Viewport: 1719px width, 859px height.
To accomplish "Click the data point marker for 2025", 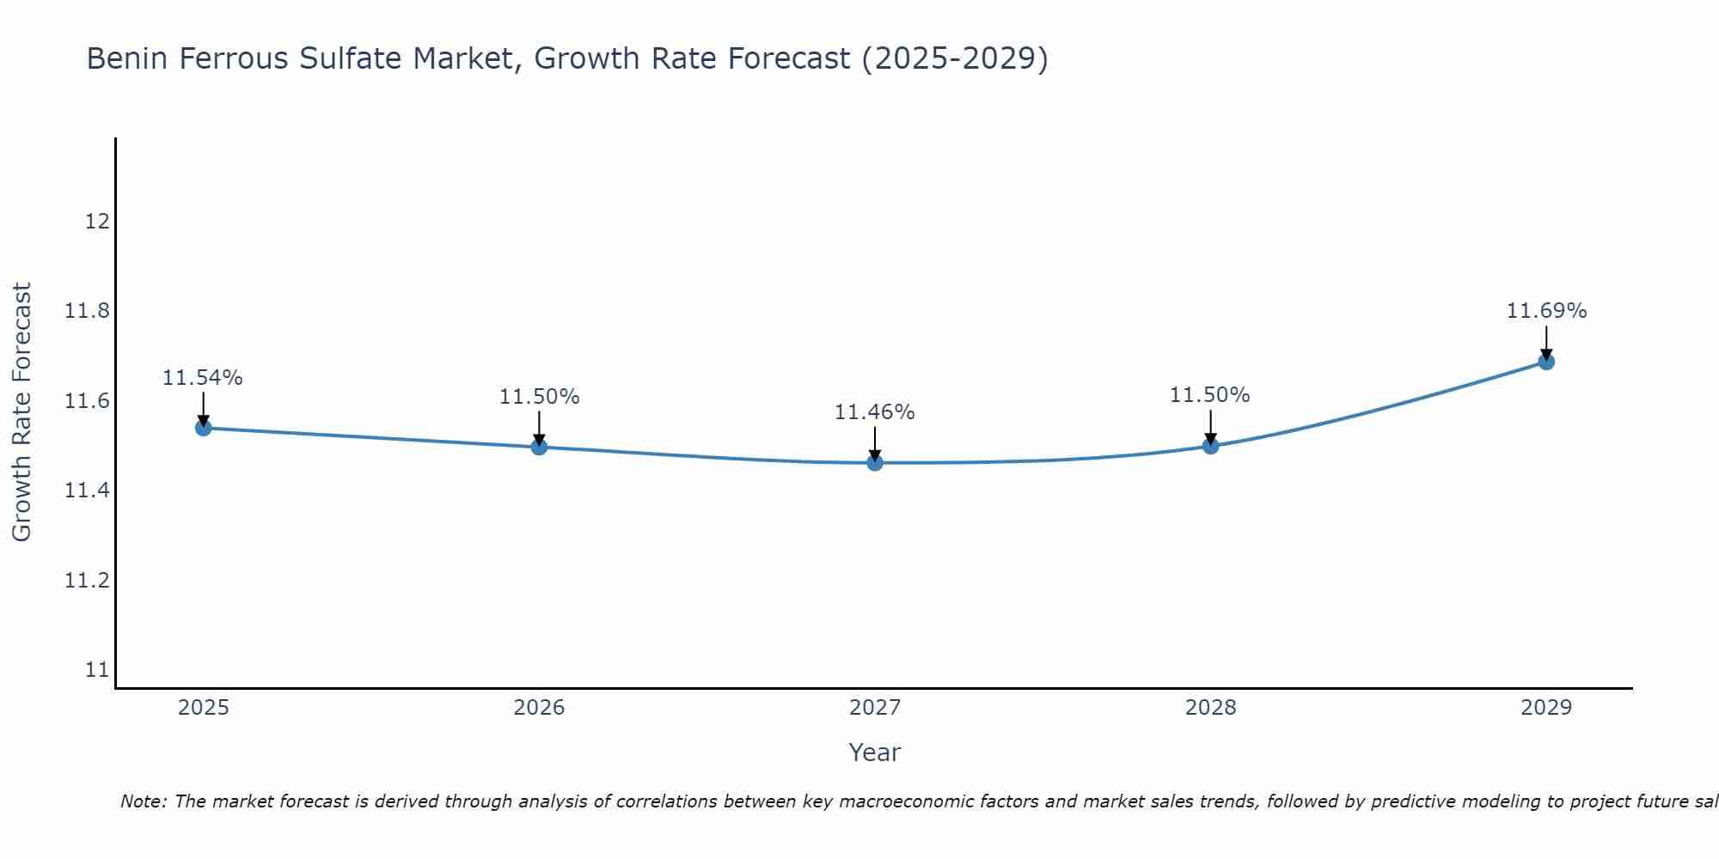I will [204, 428].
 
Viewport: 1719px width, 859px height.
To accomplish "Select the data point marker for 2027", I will [875, 463].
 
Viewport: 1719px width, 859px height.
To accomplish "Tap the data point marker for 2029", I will [1546, 362].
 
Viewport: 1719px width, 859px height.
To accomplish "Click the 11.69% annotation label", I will [1546, 311].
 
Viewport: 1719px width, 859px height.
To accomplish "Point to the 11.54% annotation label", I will [203, 378].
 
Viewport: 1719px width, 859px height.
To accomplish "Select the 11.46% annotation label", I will [875, 412].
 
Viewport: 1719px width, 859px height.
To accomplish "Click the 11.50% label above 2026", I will [539, 397].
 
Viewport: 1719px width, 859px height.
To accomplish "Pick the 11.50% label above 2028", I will [1209, 395].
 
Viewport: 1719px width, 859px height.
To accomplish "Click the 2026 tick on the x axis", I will [539, 708].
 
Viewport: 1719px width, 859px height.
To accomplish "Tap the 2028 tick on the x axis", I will [1210, 708].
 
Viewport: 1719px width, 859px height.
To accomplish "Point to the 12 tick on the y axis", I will [97, 222].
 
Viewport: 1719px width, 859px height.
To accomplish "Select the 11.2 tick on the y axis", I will [88, 581].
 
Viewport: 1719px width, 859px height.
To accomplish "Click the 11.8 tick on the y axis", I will [88, 311].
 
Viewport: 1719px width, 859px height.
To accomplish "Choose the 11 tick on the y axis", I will [97, 670].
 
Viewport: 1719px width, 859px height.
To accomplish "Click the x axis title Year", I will [874, 752].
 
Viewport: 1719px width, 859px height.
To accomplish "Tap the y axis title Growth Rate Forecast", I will [21, 411].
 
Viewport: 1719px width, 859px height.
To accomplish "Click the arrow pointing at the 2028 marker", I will [1210, 427].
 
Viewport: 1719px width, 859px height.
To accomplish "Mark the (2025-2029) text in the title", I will [954, 58].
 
